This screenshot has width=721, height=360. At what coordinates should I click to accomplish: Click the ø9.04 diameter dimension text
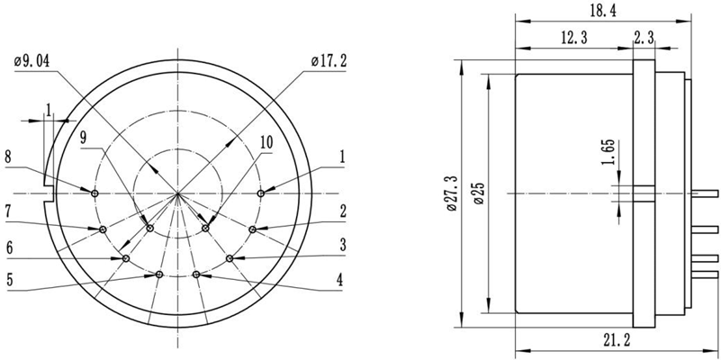click(33, 61)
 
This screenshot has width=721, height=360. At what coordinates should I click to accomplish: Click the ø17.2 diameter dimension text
click(329, 61)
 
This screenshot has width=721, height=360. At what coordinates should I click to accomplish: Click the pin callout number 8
click(8, 157)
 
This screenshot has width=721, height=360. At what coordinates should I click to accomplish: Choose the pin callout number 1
click(343, 156)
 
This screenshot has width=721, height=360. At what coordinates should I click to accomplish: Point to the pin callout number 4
click(339, 280)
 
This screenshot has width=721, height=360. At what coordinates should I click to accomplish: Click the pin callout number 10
click(266, 143)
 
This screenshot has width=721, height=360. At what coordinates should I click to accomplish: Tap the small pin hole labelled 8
click(95, 192)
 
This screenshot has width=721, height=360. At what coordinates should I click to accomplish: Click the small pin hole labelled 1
click(261, 193)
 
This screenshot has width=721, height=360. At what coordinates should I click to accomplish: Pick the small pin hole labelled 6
click(125, 258)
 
